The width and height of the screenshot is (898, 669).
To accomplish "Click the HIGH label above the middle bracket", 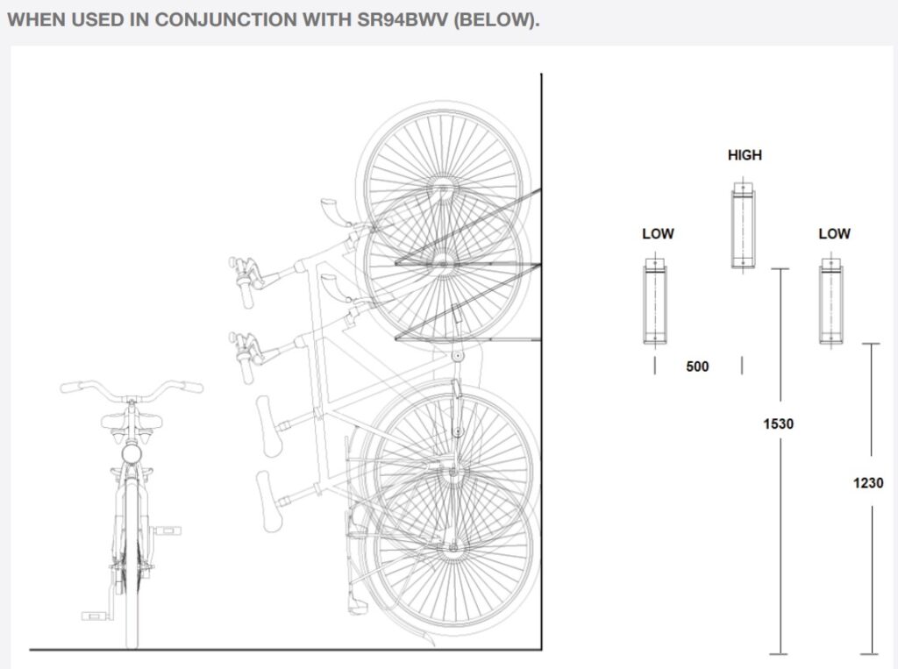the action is [x=745, y=155].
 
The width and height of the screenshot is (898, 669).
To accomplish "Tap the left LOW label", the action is [x=658, y=234].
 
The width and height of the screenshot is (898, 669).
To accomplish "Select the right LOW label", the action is [x=835, y=234].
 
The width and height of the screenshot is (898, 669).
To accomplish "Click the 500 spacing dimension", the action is [x=697, y=367].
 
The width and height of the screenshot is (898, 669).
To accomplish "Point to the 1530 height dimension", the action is [x=779, y=423].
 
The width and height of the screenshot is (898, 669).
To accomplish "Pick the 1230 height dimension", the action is [x=868, y=483].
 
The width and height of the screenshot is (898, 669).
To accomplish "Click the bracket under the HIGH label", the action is [x=744, y=225].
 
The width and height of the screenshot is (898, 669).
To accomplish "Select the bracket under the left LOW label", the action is [x=655, y=302].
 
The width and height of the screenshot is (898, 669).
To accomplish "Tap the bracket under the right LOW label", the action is [x=831, y=302].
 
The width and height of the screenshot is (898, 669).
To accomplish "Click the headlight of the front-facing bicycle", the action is [x=132, y=454].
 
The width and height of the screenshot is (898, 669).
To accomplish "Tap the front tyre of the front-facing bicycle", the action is [x=132, y=564].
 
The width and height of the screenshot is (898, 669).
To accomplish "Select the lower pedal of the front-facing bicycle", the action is [x=95, y=616].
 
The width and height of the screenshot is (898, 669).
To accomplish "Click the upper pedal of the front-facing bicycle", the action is [x=167, y=530].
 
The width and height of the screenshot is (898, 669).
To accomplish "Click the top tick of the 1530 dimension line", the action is [x=780, y=268].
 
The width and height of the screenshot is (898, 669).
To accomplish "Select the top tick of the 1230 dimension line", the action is [x=871, y=344].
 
